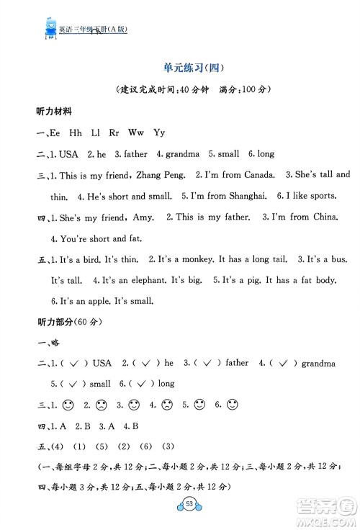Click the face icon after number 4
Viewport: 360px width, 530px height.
[166, 405]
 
